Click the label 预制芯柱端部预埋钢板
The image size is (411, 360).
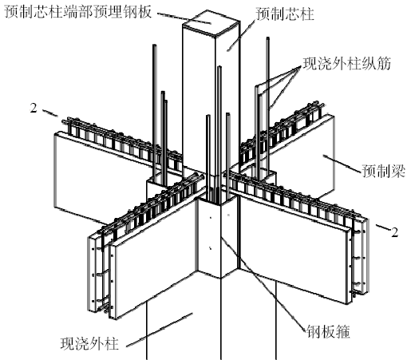point(78,12)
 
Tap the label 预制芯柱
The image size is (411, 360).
point(285,14)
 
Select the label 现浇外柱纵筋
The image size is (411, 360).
point(347,64)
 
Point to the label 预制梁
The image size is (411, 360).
point(384,171)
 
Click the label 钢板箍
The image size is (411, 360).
point(328,331)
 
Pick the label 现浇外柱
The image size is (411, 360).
point(89,343)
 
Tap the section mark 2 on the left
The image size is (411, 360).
point(34,109)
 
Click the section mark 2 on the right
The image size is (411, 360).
point(395,232)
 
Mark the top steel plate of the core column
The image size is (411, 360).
point(210,22)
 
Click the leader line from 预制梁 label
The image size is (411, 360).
point(342,163)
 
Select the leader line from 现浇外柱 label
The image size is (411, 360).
point(159,330)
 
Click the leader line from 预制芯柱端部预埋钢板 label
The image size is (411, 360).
point(184,18)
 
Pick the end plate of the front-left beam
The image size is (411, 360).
point(92,273)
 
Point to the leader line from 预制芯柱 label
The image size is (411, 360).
point(240,36)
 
